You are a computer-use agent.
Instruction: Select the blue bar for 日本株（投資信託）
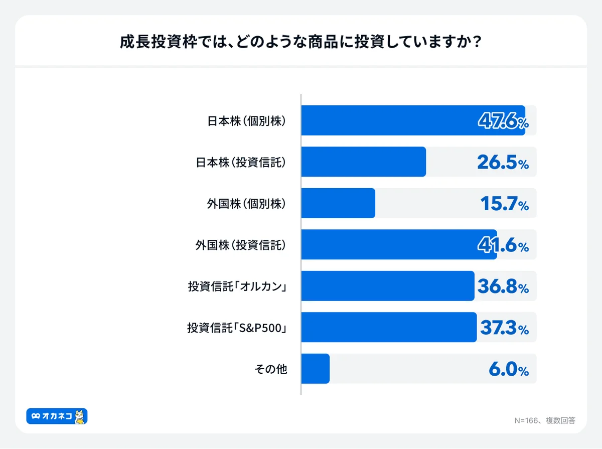point(364,162)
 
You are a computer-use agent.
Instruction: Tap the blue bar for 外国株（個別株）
point(338,203)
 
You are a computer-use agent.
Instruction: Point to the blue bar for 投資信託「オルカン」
point(387,286)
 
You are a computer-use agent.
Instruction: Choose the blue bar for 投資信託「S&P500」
point(389,327)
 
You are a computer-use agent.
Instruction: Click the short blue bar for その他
point(316,369)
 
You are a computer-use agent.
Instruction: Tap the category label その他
point(271,369)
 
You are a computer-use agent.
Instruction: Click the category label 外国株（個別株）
point(247,204)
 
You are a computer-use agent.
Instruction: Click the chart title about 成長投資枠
point(301,42)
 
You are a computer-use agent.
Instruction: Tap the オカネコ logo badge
point(57,416)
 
